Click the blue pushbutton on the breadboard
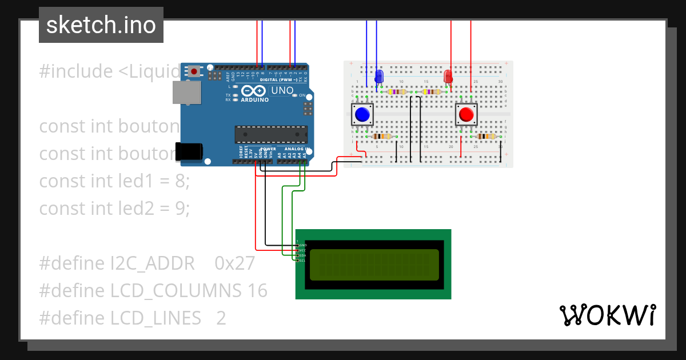click(x=362, y=115)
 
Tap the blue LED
click(x=378, y=77)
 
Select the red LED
click(x=448, y=76)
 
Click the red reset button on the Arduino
click(x=195, y=72)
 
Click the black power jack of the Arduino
click(x=189, y=151)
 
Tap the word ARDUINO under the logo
click(x=255, y=99)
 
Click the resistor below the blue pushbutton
click(x=381, y=137)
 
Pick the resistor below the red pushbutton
click(x=485, y=137)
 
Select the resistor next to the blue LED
click(x=397, y=92)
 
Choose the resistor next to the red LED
click(x=430, y=92)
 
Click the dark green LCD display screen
click(x=374, y=265)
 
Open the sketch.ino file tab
click(x=101, y=25)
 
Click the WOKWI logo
click(x=607, y=315)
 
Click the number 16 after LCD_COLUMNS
click(x=257, y=291)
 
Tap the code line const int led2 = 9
click(x=114, y=209)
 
